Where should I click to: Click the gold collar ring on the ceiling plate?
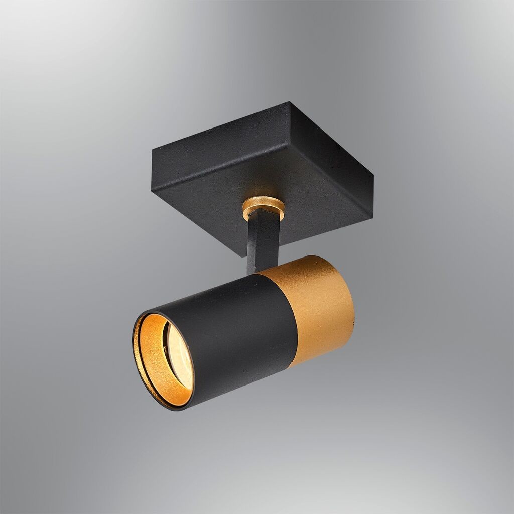pyautogui.click(x=263, y=207)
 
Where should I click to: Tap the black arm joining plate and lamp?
pyautogui.click(x=263, y=241)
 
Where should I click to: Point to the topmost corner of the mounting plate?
pyautogui.click(x=290, y=102)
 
